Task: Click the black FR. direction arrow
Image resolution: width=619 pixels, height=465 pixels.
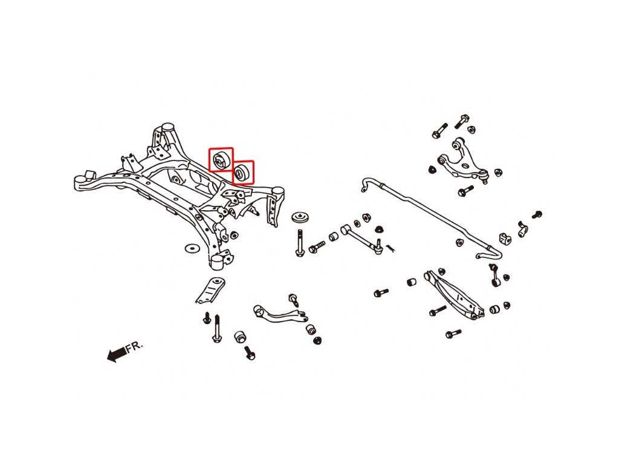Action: [x=115, y=355]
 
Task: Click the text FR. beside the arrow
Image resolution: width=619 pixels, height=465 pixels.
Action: [x=134, y=347]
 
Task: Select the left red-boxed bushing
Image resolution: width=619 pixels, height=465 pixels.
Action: [x=220, y=160]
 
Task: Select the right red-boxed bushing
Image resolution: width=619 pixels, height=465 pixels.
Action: [x=242, y=172]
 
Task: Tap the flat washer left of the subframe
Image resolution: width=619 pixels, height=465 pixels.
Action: [x=192, y=248]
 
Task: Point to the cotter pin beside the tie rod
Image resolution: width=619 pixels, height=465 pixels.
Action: [x=391, y=246]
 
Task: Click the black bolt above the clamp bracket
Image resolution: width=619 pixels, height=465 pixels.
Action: [x=536, y=214]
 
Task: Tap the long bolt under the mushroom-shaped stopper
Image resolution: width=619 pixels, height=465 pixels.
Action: [x=299, y=243]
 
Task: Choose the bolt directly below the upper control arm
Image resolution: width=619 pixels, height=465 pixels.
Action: [x=465, y=191]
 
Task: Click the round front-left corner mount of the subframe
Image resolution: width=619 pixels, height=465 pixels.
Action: [x=80, y=182]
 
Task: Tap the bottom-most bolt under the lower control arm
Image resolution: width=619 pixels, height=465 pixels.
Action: [x=453, y=334]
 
